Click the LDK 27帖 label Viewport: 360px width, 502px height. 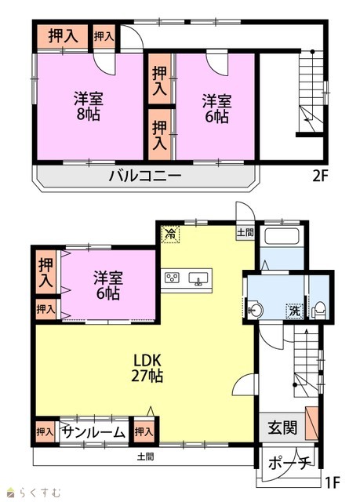[x=147, y=368]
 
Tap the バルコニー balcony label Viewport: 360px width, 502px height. [x=145, y=176]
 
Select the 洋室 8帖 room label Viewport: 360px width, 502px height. [x=89, y=107]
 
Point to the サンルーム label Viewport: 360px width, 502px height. [x=93, y=432]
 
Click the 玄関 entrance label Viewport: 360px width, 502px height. [x=282, y=427]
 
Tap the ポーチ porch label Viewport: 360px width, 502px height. [x=289, y=463]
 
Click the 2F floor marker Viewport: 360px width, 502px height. [x=320, y=176]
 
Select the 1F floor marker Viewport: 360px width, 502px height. [x=333, y=482]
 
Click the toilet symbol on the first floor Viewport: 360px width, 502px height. [x=318, y=310]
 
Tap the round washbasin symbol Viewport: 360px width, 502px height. [x=256, y=310]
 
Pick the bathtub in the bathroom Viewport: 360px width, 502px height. [x=282, y=237]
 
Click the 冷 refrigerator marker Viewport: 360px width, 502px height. [x=170, y=234]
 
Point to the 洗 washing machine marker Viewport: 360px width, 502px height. [x=294, y=311]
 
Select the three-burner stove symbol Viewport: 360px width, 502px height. [x=172, y=278]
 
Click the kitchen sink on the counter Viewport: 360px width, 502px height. [x=198, y=278]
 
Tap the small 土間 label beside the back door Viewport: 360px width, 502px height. [x=245, y=232]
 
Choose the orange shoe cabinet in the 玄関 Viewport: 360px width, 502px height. [x=311, y=423]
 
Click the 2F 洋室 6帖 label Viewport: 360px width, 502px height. [x=216, y=109]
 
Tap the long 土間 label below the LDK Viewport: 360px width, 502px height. [x=146, y=457]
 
